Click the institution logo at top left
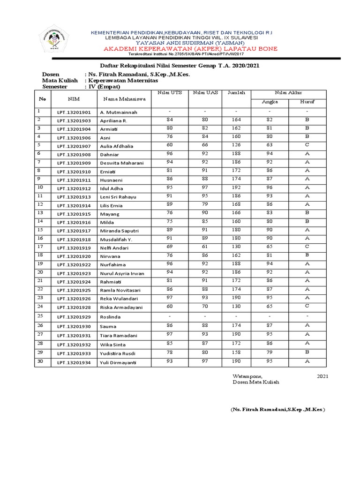click(54, 41)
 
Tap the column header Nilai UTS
click(170, 93)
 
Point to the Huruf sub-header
click(307, 102)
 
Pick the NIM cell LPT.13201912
click(74, 188)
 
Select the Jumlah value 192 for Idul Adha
click(236, 187)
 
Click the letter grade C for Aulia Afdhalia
click(307, 145)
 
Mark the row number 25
click(40, 316)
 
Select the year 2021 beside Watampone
click(323, 376)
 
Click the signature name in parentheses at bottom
click(277, 410)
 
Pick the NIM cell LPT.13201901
click(74, 112)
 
